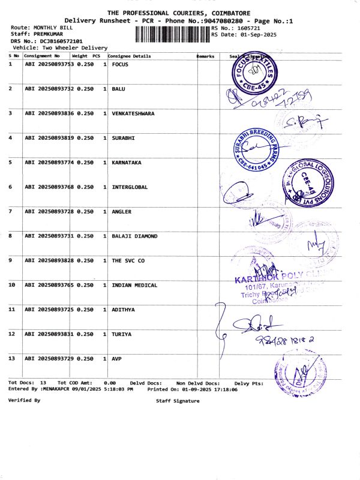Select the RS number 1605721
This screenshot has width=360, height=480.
click(247, 28)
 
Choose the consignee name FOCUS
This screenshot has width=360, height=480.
click(120, 64)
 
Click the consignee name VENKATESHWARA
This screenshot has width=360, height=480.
click(133, 113)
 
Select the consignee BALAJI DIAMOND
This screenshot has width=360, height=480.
click(134, 236)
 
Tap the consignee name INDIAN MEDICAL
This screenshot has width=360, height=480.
click(134, 285)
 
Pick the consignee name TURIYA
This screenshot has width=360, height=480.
click(121, 334)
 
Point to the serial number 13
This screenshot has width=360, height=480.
click(12, 358)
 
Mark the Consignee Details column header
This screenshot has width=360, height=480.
click(129, 56)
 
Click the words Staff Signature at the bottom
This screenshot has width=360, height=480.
click(178, 401)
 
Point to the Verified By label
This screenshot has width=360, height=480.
click(25, 400)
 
